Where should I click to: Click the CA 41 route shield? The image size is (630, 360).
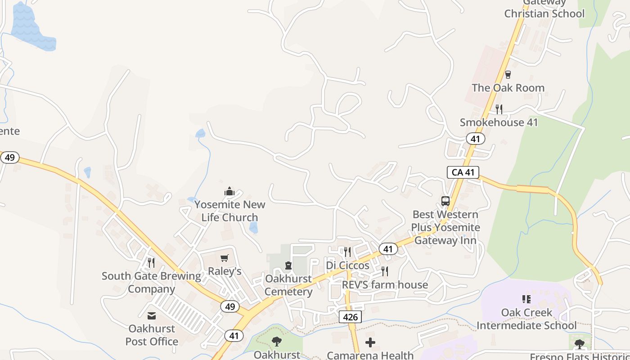point(463,172)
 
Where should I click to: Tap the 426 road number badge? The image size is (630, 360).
point(350,317)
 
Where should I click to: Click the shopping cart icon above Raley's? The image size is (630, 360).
point(224,258)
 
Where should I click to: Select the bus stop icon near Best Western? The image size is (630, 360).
point(445,201)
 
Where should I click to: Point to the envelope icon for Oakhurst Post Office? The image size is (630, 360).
point(152,316)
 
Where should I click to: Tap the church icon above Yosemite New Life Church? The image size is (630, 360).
point(229,192)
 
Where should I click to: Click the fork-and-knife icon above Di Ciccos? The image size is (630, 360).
point(347,252)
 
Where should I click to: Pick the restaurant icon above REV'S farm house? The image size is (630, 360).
point(385,271)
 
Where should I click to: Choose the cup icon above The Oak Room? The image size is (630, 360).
point(508,75)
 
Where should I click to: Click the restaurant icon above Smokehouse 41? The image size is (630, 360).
point(499,109)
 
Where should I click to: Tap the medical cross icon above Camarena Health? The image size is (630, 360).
point(370,342)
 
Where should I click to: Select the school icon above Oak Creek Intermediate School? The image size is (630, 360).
point(526,299)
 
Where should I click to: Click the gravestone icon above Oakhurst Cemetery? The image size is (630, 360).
point(288,265)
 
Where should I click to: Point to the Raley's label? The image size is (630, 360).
point(224,271)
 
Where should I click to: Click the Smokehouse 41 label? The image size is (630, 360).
point(499,122)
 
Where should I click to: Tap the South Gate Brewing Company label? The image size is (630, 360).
point(151,282)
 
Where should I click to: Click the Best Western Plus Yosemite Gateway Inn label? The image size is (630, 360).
point(445,227)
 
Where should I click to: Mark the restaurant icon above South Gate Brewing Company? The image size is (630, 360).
point(151,262)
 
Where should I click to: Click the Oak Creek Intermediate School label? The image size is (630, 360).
point(526,319)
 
